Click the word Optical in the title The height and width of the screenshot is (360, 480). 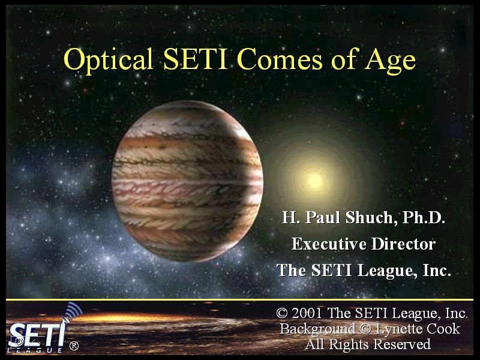click(x=109, y=59)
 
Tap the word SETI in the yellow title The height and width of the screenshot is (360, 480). click(x=196, y=58)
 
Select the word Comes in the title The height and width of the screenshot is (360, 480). click(x=280, y=59)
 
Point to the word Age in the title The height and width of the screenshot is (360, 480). click(x=389, y=61)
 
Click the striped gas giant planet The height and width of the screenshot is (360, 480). click(x=187, y=181)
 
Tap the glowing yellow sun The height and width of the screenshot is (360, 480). click(x=314, y=181)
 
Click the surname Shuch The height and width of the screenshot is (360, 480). click(x=369, y=217)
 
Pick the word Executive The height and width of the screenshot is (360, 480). click(x=329, y=244)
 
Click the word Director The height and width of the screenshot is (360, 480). click(x=403, y=244)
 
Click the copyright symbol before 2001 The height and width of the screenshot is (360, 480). click(x=282, y=313)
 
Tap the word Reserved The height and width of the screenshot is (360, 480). click(x=402, y=344)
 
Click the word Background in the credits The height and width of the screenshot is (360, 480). click(x=318, y=329)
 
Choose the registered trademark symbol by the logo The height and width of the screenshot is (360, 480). click(x=74, y=346)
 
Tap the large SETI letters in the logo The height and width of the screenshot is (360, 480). click(x=37, y=335)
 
